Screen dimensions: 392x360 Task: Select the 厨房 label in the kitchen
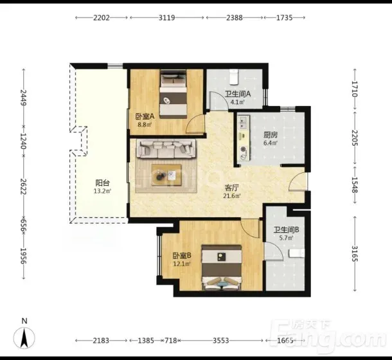tap(271, 135)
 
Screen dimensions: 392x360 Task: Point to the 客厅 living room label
tap(232, 188)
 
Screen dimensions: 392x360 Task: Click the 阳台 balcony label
tap(103, 183)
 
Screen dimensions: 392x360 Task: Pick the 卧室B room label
tap(182, 255)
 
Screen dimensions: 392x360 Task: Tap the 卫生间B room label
tap(286, 230)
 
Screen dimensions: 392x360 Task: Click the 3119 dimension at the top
tap(166, 18)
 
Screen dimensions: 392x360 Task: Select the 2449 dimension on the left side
tap(24, 98)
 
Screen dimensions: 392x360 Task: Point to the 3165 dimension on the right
tap(355, 254)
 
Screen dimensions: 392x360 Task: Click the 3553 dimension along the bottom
tap(221, 341)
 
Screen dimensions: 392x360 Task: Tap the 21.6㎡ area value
tap(232, 196)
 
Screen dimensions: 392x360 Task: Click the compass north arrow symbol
tap(24, 338)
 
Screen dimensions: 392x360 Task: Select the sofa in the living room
tap(166, 149)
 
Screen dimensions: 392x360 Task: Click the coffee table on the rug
tap(166, 175)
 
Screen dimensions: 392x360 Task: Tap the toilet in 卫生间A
tap(235, 76)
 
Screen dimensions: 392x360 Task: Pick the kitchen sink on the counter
tap(244, 122)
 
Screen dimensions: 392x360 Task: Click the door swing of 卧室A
tap(196, 123)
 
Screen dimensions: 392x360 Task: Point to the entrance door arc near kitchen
tap(298, 182)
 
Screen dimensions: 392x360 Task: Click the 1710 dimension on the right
tap(355, 89)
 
